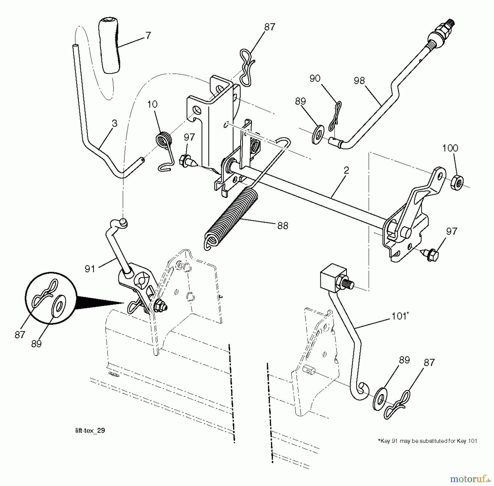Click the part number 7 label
click(148, 36)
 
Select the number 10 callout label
click(152, 104)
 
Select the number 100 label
click(450, 148)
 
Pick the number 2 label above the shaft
click(346, 170)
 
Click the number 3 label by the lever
click(115, 124)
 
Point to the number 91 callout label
click(90, 269)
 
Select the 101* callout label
click(400, 316)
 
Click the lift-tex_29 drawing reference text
click(90, 430)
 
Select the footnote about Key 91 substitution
click(428, 441)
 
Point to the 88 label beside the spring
click(283, 226)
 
